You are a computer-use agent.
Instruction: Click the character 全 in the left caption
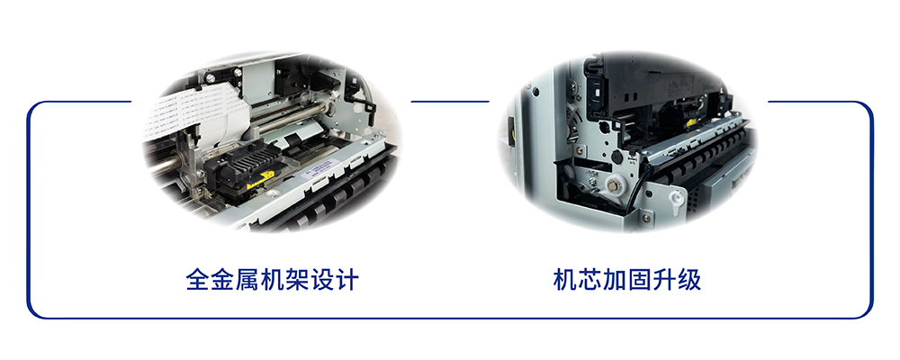pos(197,280)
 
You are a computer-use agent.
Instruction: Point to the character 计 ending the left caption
pos(346,280)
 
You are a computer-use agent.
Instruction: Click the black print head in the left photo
pos(241,166)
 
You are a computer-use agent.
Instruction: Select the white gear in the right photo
pos(614,184)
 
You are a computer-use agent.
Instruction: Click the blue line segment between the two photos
pos(450,103)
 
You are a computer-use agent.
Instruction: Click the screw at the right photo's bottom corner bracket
pos(647,218)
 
